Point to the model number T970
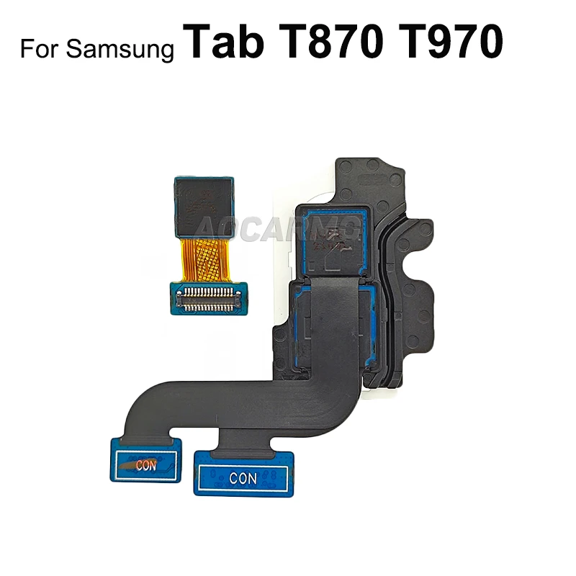[449, 42]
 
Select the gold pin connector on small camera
[209, 294]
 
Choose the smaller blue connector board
[143, 461]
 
